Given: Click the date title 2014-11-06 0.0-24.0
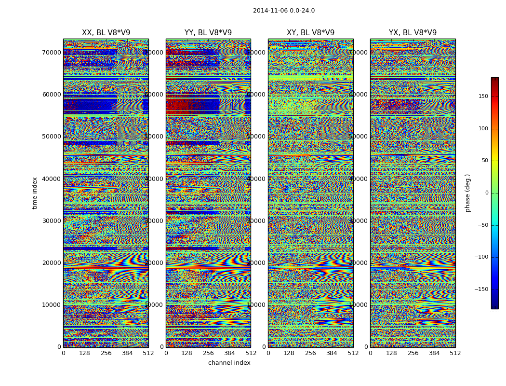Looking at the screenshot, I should [x=283, y=11].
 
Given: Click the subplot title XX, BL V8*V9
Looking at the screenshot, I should [x=106, y=33].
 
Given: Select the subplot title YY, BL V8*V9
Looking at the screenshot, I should [x=208, y=33].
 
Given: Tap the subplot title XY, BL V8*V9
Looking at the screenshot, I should [x=310, y=33].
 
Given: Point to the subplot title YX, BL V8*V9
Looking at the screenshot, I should [x=413, y=33].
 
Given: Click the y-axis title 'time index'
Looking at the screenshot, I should [x=35, y=193].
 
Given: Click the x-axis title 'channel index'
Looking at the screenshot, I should [x=229, y=363].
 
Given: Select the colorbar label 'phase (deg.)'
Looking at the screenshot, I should [x=467, y=193].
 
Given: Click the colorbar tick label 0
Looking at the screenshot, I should [x=486, y=193].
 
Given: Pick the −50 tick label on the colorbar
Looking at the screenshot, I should [x=481, y=225].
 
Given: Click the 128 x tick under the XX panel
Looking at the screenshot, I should [x=84, y=353].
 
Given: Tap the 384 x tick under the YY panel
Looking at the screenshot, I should [x=229, y=353].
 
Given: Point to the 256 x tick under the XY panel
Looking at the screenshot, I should [x=310, y=353].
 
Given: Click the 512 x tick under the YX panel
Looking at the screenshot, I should [x=455, y=353].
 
